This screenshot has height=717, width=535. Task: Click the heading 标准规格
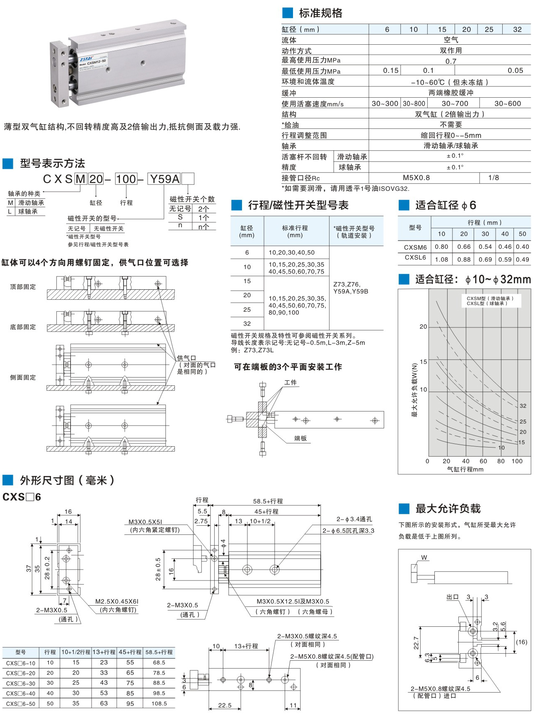[x=320, y=13]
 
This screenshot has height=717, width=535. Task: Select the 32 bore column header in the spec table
[x=517, y=29]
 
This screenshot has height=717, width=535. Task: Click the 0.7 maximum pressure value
[x=450, y=61]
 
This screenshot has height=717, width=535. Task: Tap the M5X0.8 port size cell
[x=416, y=178]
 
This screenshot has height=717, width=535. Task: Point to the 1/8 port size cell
[x=494, y=178]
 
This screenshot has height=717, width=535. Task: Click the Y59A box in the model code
[x=165, y=179]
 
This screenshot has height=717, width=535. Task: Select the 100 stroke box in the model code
[x=126, y=179]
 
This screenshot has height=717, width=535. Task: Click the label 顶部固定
[x=23, y=287]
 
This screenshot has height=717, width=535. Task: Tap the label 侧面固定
[x=23, y=378]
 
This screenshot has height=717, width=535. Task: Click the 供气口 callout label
[x=186, y=358]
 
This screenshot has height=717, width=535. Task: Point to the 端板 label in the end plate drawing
[x=300, y=438]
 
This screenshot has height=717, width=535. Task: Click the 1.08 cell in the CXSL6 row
[x=441, y=260]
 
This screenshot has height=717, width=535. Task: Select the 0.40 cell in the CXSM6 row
[x=522, y=247]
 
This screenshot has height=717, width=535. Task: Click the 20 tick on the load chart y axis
[x=423, y=327]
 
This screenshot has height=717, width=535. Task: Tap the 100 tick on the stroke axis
[x=517, y=461]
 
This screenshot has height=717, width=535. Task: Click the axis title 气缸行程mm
[x=465, y=469]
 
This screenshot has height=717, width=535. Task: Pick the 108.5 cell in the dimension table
[x=159, y=703]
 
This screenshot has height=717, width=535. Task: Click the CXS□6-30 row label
[x=21, y=683]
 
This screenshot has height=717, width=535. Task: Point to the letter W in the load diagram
[x=424, y=558]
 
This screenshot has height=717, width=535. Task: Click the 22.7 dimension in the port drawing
[x=416, y=643]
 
